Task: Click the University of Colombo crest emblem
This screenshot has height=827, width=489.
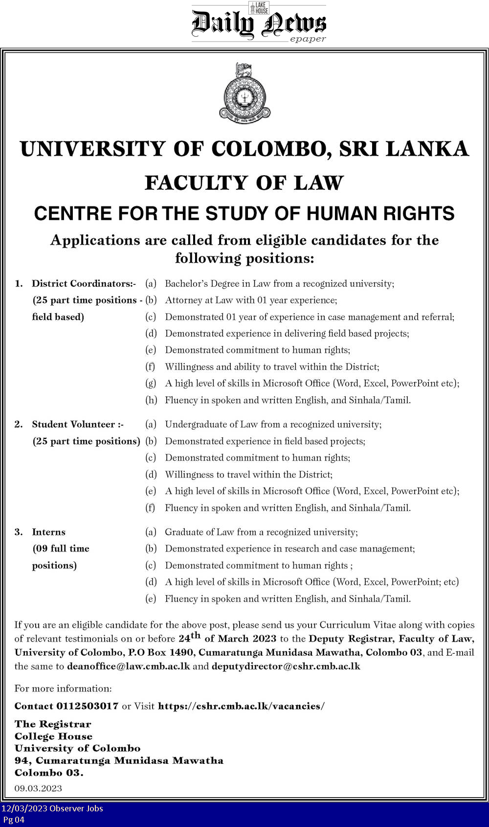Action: [x=244, y=93]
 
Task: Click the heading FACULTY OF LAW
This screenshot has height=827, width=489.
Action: [x=244, y=183]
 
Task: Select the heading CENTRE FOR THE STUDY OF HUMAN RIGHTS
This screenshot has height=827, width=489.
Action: [x=244, y=214]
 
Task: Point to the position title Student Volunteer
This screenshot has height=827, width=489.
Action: [x=77, y=424]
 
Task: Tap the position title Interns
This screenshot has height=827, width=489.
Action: [x=48, y=532]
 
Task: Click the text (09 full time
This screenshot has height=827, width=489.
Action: [x=61, y=549]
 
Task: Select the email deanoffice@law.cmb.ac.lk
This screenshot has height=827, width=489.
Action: [x=128, y=666]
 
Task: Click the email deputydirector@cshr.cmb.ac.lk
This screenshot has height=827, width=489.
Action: [x=286, y=666]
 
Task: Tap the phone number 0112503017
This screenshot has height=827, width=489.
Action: [x=87, y=706]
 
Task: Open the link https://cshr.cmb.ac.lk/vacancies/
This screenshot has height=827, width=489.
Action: [x=241, y=706]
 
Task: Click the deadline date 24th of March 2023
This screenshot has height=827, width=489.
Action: [x=227, y=638]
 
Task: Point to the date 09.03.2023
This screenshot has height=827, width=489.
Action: [x=38, y=788]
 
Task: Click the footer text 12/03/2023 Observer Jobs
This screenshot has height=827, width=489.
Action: [x=52, y=808]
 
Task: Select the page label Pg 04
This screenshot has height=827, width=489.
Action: [x=14, y=820]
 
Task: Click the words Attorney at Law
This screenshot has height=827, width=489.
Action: [x=199, y=300]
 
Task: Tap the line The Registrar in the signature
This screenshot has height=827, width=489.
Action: [x=53, y=724]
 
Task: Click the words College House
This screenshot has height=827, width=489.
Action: [x=53, y=736]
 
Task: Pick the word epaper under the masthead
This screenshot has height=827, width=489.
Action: [x=308, y=39]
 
